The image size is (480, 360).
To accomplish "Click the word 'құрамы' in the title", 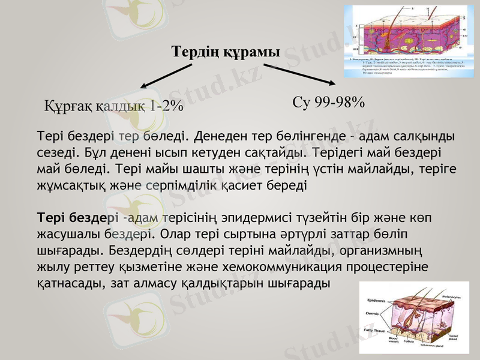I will click(x=251, y=53).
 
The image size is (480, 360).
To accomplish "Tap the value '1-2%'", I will click(x=166, y=106).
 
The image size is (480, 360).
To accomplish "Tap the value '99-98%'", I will click(x=338, y=102).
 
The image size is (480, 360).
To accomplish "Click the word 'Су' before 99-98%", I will click(x=302, y=102).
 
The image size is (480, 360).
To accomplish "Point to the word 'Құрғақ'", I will click(x=68, y=106).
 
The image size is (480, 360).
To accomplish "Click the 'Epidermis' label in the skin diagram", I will click(x=376, y=300).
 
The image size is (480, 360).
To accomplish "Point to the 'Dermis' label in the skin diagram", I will click(x=372, y=314).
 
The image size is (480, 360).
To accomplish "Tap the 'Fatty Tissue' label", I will click(x=375, y=330).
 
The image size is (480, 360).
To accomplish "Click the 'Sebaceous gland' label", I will click(x=431, y=346).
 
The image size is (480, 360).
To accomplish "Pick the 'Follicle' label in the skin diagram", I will click(x=409, y=342).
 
